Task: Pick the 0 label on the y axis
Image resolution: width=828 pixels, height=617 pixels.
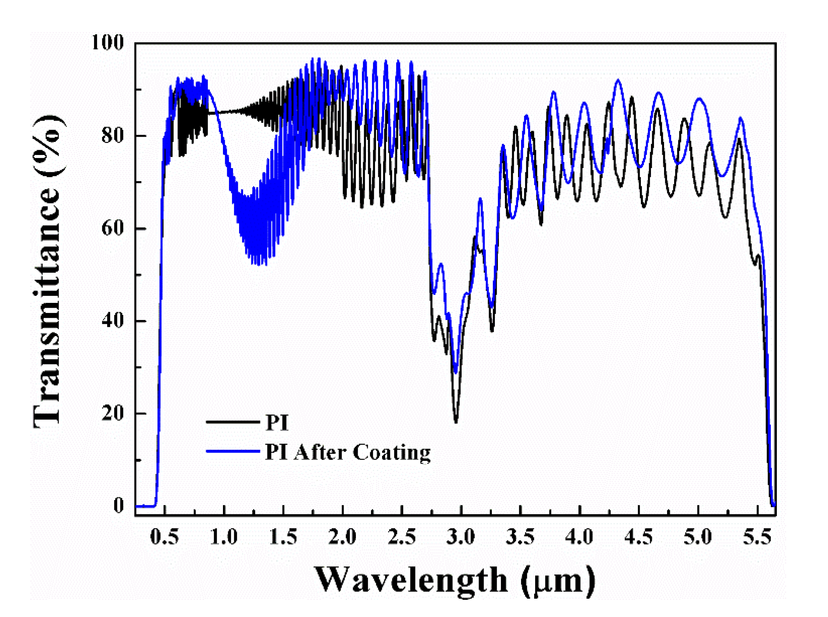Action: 118,506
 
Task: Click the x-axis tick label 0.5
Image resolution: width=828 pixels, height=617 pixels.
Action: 164,537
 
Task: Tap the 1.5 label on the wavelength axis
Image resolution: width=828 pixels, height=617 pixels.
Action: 283,537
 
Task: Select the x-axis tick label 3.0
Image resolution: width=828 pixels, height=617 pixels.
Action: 461,537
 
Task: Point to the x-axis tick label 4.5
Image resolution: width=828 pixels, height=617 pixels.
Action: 639,537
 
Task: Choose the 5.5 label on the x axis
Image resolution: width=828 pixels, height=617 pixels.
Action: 757,537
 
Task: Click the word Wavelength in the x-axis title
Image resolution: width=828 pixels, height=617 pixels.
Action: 411,580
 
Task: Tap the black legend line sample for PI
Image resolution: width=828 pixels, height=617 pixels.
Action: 232,422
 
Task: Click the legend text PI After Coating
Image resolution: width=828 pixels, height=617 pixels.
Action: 347,452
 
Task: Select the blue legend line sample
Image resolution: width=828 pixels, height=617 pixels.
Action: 232,451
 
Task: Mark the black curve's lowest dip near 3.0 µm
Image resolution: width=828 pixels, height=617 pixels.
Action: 456,422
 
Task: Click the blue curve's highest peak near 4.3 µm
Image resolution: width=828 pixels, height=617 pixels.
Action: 618,80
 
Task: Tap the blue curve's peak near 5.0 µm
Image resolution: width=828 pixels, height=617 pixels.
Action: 699,99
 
